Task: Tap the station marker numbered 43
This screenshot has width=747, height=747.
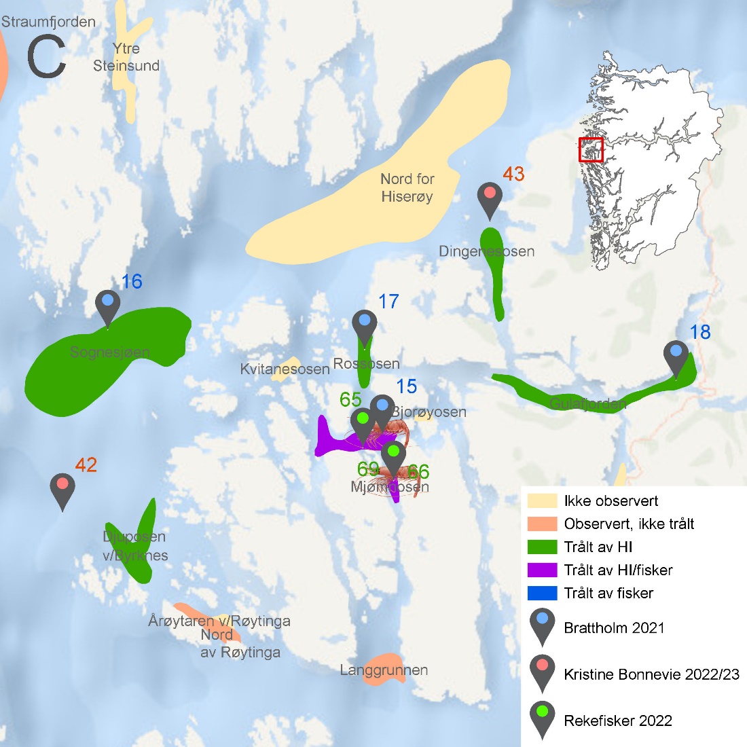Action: click(490, 197)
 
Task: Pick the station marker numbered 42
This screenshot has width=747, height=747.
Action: click(62, 488)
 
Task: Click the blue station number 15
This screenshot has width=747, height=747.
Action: click(406, 386)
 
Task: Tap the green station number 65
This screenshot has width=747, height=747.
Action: click(350, 399)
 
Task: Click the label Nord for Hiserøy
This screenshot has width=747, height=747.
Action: click(407, 187)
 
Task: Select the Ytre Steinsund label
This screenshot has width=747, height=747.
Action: click(126, 57)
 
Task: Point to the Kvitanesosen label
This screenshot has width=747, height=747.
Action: click(285, 369)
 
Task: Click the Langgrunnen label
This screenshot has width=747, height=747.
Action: click(384, 670)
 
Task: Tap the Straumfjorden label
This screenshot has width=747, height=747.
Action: click(48, 22)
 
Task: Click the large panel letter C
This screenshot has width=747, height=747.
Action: click(46, 58)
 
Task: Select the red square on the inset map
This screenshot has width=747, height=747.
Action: click(591, 149)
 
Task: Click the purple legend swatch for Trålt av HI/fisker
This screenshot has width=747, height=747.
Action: click(542, 570)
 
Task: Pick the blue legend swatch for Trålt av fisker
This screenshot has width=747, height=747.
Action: click(542, 593)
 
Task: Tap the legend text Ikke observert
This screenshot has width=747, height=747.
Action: click(611, 501)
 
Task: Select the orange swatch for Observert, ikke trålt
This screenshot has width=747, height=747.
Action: click(542, 524)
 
